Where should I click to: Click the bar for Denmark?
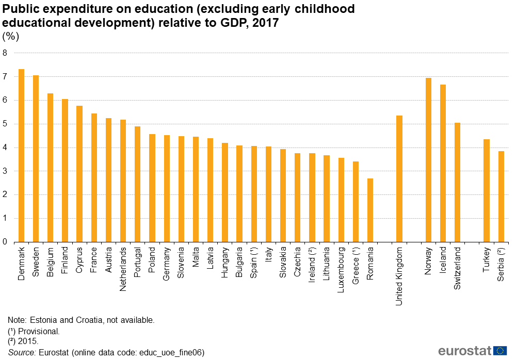coord(21,155)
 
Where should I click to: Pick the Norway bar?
coord(428,159)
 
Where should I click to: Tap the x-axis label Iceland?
coord(443,260)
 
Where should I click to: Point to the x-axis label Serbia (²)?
coord(501,264)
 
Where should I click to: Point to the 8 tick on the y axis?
coord(5,53)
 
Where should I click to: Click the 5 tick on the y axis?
coord(5,124)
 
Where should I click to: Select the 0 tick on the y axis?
coord(5,242)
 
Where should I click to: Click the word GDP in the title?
coord(227,23)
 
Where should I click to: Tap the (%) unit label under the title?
coord(11,36)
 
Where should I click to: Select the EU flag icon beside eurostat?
coord(500,351)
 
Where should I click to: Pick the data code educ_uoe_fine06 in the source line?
coord(173,352)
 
